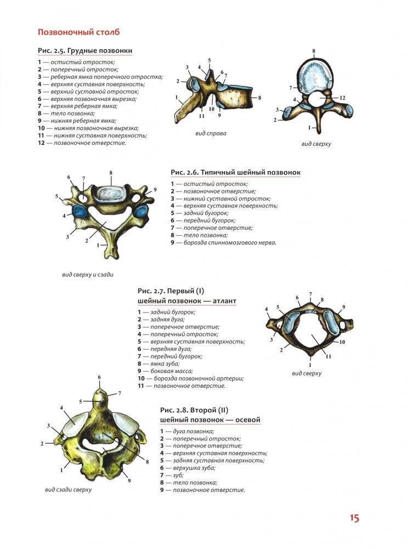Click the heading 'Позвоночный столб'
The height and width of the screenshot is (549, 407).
[x=78, y=32]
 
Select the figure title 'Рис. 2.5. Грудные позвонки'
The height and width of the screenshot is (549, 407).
[x=85, y=51]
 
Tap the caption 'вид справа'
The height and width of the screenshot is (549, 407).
[x=211, y=133]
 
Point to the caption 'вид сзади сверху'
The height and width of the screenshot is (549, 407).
[x=68, y=489]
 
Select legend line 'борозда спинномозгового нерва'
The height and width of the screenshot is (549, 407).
[x=224, y=242]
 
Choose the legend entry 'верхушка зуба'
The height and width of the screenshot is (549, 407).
[x=186, y=468]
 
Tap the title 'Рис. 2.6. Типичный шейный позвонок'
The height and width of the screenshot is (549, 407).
[x=236, y=172]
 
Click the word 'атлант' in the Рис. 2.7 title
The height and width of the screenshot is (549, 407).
[x=222, y=301]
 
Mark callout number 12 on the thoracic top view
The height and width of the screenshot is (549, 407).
[x=342, y=98]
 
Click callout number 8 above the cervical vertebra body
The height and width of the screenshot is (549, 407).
[x=111, y=173]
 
